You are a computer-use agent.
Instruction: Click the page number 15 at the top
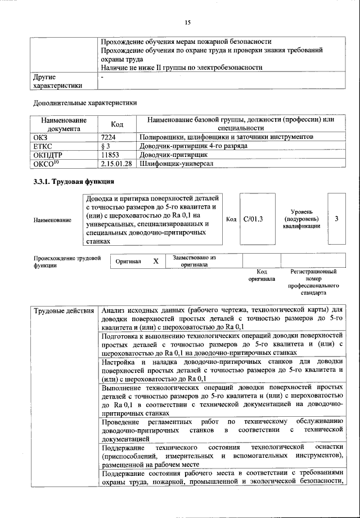point(188,22)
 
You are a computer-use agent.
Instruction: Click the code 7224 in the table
point(109,137)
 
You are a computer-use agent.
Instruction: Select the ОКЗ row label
point(42,137)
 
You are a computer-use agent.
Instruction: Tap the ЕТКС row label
point(43,146)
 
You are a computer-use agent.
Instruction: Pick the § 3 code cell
point(106,146)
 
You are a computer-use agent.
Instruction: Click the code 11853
point(111,154)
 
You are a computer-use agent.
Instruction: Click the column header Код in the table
point(117,124)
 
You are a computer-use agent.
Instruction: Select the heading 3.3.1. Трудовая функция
point(73,182)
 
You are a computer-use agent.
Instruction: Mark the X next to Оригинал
point(156,262)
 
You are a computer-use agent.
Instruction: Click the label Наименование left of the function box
point(52,219)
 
